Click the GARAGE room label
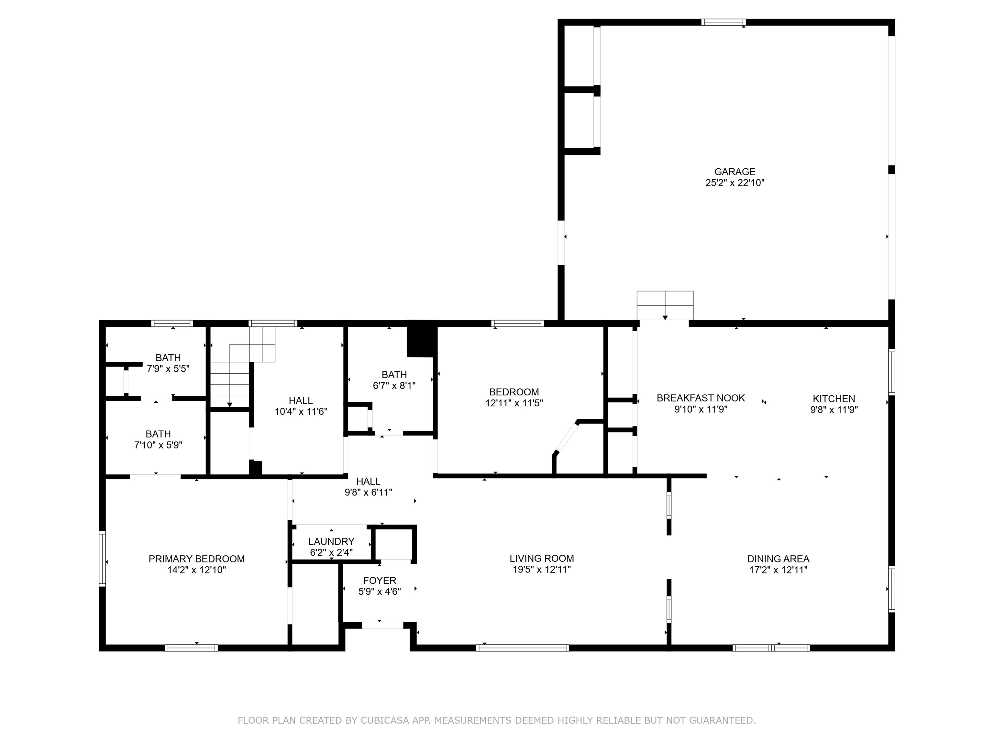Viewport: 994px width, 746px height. (x=735, y=172)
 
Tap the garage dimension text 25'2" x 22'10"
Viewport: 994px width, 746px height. (x=735, y=183)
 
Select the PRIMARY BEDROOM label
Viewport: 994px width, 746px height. (x=196, y=559)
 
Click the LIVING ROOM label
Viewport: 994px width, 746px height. (x=541, y=559)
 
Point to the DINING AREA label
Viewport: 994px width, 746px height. (x=778, y=559)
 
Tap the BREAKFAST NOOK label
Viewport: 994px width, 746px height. (x=701, y=398)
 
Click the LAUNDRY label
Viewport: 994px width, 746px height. (x=331, y=541)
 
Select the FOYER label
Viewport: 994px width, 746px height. (x=380, y=581)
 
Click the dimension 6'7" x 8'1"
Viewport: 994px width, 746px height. (x=394, y=385)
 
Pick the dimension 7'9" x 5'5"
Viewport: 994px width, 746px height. (x=168, y=369)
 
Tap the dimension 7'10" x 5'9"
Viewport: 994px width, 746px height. (x=158, y=445)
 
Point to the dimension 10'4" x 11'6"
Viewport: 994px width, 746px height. (x=301, y=412)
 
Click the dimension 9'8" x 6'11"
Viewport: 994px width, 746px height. (x=368, y=492)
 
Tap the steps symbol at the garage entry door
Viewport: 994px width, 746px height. (x=665, y=305)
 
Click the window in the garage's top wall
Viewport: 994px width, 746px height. (x=723, y=22)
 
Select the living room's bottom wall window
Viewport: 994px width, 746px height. (x=523, y=648)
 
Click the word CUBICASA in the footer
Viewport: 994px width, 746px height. (x=385, y=720)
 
